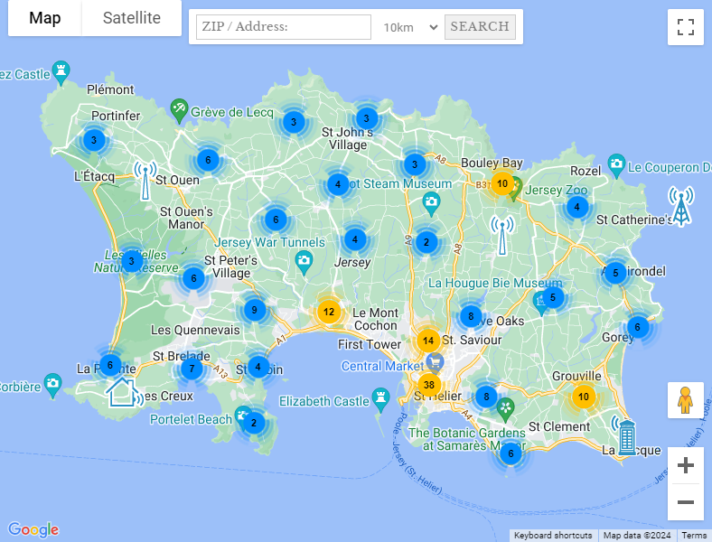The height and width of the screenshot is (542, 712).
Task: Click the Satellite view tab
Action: [132, 18]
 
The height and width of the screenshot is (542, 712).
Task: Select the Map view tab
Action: [44, 18]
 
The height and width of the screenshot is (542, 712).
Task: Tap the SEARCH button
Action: [480, 26]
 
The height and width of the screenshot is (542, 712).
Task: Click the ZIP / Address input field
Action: [283, 27]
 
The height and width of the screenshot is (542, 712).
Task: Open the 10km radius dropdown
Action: [409, 27]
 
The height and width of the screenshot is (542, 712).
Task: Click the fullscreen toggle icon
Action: [685, 26]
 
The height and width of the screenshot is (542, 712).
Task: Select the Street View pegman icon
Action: [685, 399]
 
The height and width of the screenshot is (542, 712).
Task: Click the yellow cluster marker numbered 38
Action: [428, 384]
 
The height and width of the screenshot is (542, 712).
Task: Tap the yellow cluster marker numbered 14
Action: [428, 341]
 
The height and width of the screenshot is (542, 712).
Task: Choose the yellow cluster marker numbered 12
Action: [329, 313]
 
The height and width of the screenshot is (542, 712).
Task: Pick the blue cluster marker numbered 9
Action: [255, 311]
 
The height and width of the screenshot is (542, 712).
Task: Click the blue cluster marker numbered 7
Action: [191, 369]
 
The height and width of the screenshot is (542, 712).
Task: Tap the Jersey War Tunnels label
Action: [269, 242]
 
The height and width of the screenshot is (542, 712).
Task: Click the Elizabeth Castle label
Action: [324, 401]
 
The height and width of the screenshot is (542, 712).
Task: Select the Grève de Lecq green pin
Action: [179, 109]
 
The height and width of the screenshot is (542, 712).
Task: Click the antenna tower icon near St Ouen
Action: [145, 179]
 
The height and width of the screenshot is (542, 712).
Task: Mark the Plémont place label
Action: [110, 89]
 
